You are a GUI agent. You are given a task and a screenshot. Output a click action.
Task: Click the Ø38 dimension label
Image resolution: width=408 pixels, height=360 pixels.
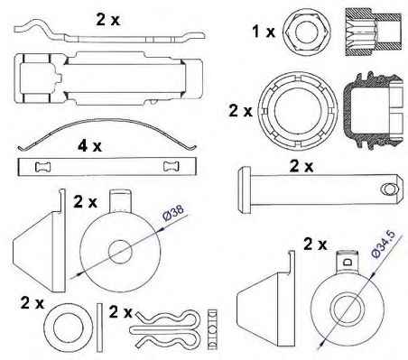(172, 213)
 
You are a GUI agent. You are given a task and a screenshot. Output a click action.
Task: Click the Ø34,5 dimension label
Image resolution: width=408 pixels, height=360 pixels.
(383, 244)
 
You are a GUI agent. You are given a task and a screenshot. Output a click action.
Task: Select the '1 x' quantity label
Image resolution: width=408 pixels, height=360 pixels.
(264, 32)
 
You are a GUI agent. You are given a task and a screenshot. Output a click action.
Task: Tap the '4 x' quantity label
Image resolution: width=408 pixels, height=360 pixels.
(89, 146)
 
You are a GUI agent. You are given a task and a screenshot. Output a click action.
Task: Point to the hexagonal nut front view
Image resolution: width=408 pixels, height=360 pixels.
(307, 32)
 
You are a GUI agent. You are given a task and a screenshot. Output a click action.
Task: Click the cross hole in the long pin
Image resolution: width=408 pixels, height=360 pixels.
(389, 189)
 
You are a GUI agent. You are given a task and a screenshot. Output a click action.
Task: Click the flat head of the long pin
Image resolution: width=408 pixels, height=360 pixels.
(244, 190)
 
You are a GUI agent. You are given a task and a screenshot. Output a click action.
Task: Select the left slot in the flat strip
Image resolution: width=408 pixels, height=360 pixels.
(43, 167)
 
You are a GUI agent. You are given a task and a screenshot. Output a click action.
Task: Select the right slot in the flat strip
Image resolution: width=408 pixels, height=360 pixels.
(171, 166)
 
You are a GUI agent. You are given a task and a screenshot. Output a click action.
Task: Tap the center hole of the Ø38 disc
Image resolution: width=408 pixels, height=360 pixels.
(120, 252)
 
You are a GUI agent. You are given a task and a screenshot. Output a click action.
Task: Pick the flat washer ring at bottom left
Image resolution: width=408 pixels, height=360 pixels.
(69, 328)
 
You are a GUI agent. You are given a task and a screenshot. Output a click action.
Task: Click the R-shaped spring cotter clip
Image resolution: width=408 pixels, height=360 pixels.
(163, 330)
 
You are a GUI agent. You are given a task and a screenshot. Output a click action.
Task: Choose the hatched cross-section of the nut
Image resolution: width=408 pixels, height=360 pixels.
(373, 32)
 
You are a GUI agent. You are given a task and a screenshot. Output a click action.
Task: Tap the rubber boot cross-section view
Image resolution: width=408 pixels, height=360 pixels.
(373, 110)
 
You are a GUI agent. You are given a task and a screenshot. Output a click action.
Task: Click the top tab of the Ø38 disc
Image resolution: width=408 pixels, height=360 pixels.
(120, 201)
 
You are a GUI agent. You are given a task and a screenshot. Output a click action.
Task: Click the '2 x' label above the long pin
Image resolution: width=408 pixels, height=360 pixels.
(301, 166)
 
